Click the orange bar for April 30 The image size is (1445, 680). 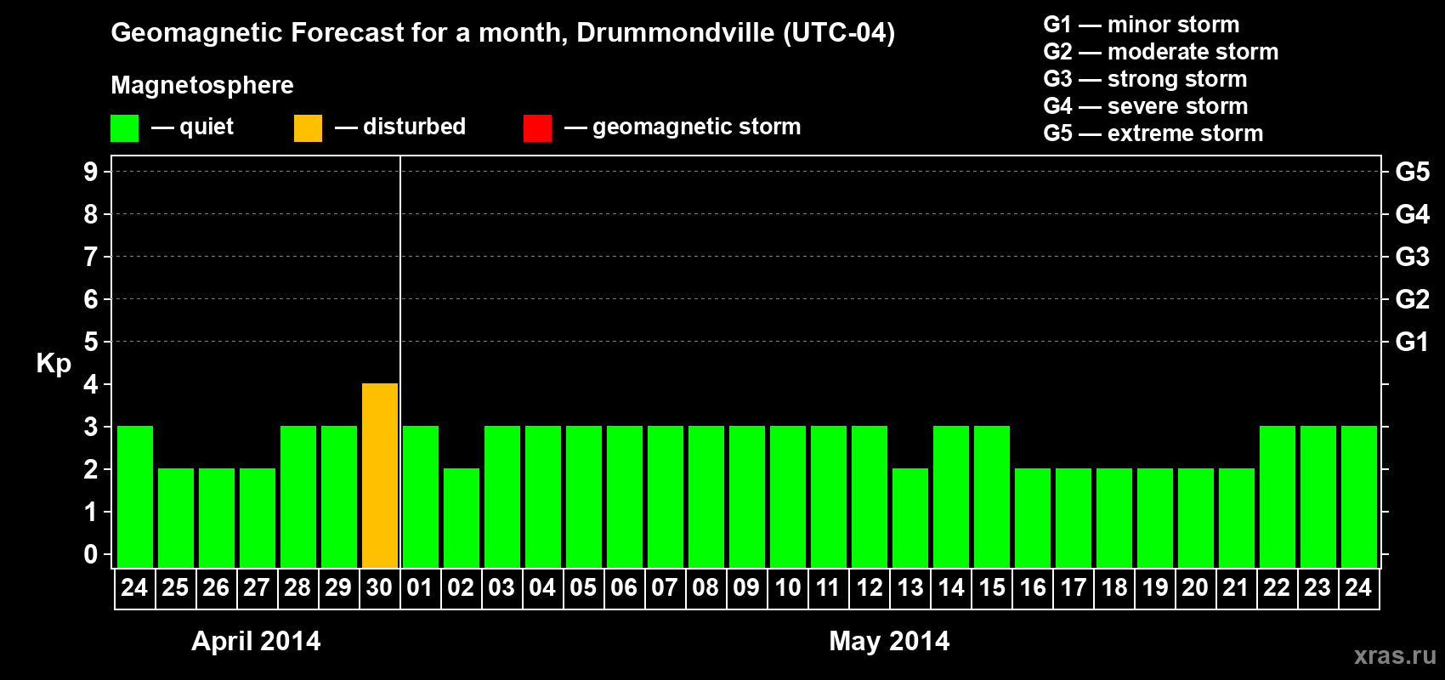(380, 475)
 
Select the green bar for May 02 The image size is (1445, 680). (462, 518)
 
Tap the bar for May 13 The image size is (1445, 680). (910, 518)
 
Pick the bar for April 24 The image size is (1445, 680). (135, 496)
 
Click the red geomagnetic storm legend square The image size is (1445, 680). (537, 128)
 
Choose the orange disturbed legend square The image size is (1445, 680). (308, 128)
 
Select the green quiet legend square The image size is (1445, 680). (125, 128)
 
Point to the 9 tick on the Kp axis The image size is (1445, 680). (91, 172)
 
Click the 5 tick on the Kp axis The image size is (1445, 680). (91, 342)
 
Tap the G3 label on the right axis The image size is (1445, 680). (1412, 257)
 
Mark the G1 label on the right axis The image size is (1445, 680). (1412, 342)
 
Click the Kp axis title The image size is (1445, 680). (54, 363)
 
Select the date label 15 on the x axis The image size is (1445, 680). (992, 587)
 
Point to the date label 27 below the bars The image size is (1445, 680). (257, 587)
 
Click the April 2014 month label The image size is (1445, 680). (256, 641)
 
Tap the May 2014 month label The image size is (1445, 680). (889, 641)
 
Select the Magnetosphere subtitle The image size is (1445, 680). (202, 85)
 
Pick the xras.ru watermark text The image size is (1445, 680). (1395, 655)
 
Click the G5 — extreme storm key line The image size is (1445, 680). (1153, 133)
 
